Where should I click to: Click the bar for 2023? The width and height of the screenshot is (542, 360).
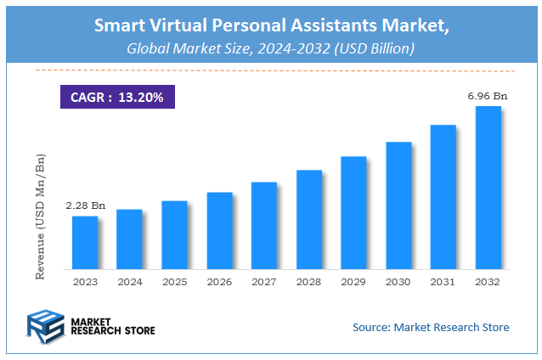coord(84,243)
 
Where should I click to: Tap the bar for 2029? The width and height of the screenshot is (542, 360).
coord(353,213)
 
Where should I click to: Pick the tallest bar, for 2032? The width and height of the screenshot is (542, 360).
coord(488,188)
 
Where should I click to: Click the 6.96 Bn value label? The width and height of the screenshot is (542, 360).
coord(488,96)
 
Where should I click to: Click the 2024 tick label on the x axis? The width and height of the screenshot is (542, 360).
coord(129,282)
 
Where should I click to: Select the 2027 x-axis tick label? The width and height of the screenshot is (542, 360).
coord(263,282)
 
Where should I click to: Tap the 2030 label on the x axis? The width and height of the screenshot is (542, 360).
coord(398,282)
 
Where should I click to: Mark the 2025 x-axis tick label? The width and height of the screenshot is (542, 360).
coord(174,282)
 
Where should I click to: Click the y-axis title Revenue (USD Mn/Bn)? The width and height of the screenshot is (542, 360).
coord(40,217)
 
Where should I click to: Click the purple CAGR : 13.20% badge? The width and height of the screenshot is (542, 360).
coord(117,97)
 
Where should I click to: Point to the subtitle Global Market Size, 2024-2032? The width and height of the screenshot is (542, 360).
coord(270,49)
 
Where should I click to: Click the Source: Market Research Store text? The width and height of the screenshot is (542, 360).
coord(431,327)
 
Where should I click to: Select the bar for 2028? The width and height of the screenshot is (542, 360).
coord(308,220)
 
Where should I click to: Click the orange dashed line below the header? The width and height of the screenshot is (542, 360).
coord(270,70)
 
